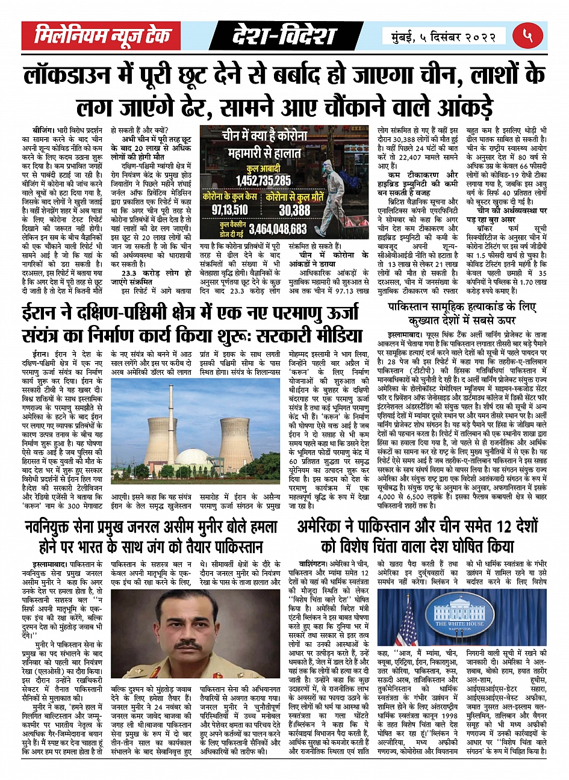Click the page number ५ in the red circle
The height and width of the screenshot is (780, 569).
pyautogui.click(x=528, y=36)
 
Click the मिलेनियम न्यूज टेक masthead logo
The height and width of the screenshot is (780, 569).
pyautogui.click(x=110, y=36)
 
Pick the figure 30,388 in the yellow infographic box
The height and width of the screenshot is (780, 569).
pyautogui.click(x=294, y=209)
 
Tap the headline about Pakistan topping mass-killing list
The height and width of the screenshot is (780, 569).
pyautogui.click(x=462, y=313)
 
